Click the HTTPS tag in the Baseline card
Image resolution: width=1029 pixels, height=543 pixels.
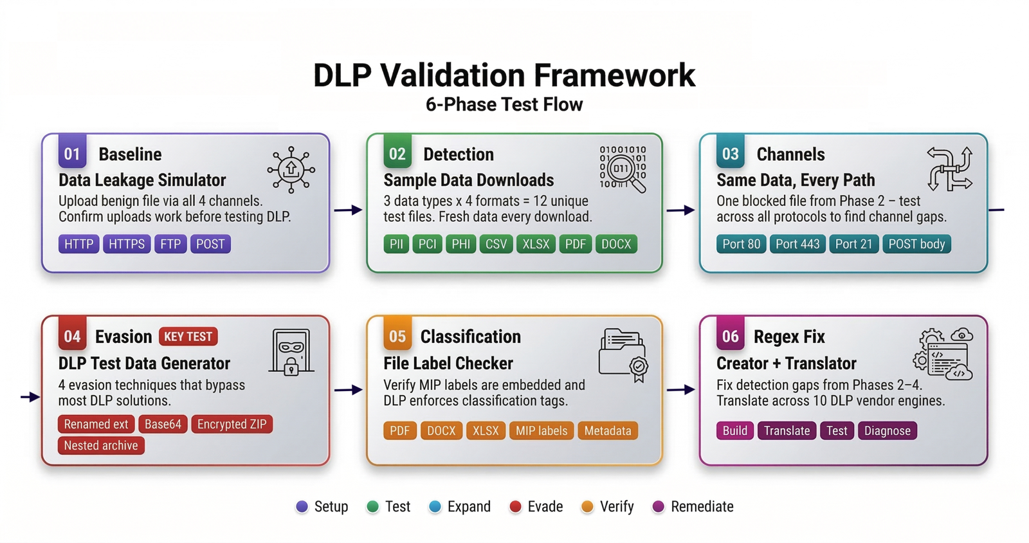[127, 244]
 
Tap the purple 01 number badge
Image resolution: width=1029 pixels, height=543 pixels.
[72, 153]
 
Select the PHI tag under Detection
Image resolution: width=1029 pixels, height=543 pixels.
[460, 244]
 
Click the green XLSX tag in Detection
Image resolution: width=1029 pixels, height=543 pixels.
[536, 244]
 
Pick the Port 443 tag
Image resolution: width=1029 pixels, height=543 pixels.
[797, 244]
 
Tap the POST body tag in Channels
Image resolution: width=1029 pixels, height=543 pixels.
[916, 244]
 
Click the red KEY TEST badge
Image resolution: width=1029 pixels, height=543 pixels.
[188, 336]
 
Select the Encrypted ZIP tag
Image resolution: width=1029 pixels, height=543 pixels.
[232, 424]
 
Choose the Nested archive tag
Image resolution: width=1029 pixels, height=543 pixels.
[101, 445]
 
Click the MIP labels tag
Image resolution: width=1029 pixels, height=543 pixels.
[542, 430]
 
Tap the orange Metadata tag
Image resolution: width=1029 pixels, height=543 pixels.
[608, 430]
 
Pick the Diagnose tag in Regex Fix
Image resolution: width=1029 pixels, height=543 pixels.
[888, 430]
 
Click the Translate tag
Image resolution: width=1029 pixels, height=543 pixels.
[787, 430]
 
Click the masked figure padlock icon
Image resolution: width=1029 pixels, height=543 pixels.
[291, 352]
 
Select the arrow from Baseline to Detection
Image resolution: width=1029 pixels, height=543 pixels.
[349, 210]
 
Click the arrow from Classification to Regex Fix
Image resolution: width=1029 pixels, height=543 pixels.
[681, 389]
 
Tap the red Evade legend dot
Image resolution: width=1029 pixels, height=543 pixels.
[515, 506]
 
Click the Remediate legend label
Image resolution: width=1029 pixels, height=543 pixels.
[702, 506]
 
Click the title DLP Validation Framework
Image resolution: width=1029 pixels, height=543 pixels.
[504, 75]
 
